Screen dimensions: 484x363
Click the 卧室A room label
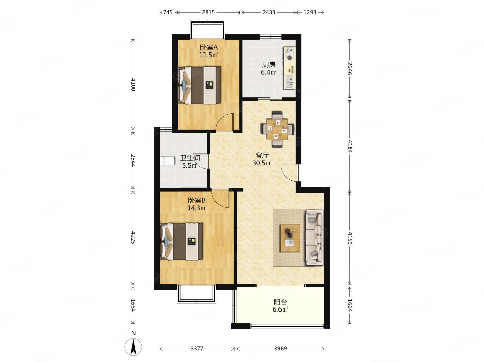coord(209,47)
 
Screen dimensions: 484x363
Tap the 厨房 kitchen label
coord(269,65)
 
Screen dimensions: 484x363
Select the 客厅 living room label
coord(262,156)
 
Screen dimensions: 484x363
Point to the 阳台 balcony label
coord(280,302)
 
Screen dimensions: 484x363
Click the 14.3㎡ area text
coord(197,208)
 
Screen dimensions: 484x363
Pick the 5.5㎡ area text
coord(189,166)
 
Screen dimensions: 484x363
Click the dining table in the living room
coord(277,130)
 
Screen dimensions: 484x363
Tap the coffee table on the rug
coord(290,238)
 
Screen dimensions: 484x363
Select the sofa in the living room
coord(315,237)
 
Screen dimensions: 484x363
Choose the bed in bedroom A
coord(199,85)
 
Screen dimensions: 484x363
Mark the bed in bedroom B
coord(181,242)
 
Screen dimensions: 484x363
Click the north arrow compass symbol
coord(133,347)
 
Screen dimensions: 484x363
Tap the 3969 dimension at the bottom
coord(281,348)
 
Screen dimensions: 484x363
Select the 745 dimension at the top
coord(168,12)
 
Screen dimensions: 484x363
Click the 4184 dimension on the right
coord(350,146)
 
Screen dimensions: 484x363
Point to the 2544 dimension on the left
coord(133,160)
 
